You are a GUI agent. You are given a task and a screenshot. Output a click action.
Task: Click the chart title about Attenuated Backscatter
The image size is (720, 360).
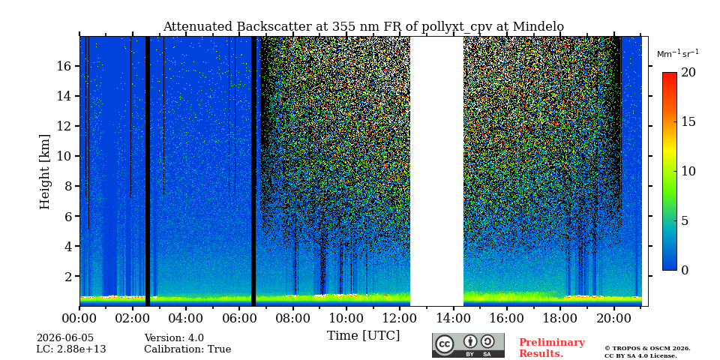[x=363, y=27]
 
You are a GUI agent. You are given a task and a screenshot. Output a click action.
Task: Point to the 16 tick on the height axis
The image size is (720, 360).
[x=64, y=66]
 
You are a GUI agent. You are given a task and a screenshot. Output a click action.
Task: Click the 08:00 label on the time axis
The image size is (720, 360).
[x=292, y=318]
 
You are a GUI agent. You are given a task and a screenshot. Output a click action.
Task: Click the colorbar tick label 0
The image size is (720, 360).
[x=685, y=270]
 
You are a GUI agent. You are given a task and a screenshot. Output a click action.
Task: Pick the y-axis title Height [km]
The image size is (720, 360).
[x=44, y=172]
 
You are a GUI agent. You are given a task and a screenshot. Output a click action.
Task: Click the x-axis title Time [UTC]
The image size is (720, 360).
[x=363, y=336]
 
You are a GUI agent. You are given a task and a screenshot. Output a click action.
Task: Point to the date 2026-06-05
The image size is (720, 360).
[x=65, y=338]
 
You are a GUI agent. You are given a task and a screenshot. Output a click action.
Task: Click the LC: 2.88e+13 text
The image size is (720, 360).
[x=71, y=349]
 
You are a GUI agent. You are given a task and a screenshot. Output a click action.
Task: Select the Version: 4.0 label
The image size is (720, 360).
[x=174, y=338]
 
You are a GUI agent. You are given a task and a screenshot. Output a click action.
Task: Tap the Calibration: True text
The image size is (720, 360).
[x=187, y=349]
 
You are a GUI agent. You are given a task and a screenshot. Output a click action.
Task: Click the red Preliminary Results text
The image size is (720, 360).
[x=552, y=348]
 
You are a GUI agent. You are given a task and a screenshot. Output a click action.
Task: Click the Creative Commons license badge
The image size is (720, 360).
[x=468, y=345]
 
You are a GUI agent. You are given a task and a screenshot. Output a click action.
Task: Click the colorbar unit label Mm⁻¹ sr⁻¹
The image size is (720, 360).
[x=678, y=53]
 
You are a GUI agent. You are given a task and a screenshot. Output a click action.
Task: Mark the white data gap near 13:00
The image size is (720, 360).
[x=436, y=171]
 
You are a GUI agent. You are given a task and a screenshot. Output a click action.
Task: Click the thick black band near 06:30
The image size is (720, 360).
[x=253, y=171]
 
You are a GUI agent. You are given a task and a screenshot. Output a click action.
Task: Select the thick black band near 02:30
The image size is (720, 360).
[x=148, y=171]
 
